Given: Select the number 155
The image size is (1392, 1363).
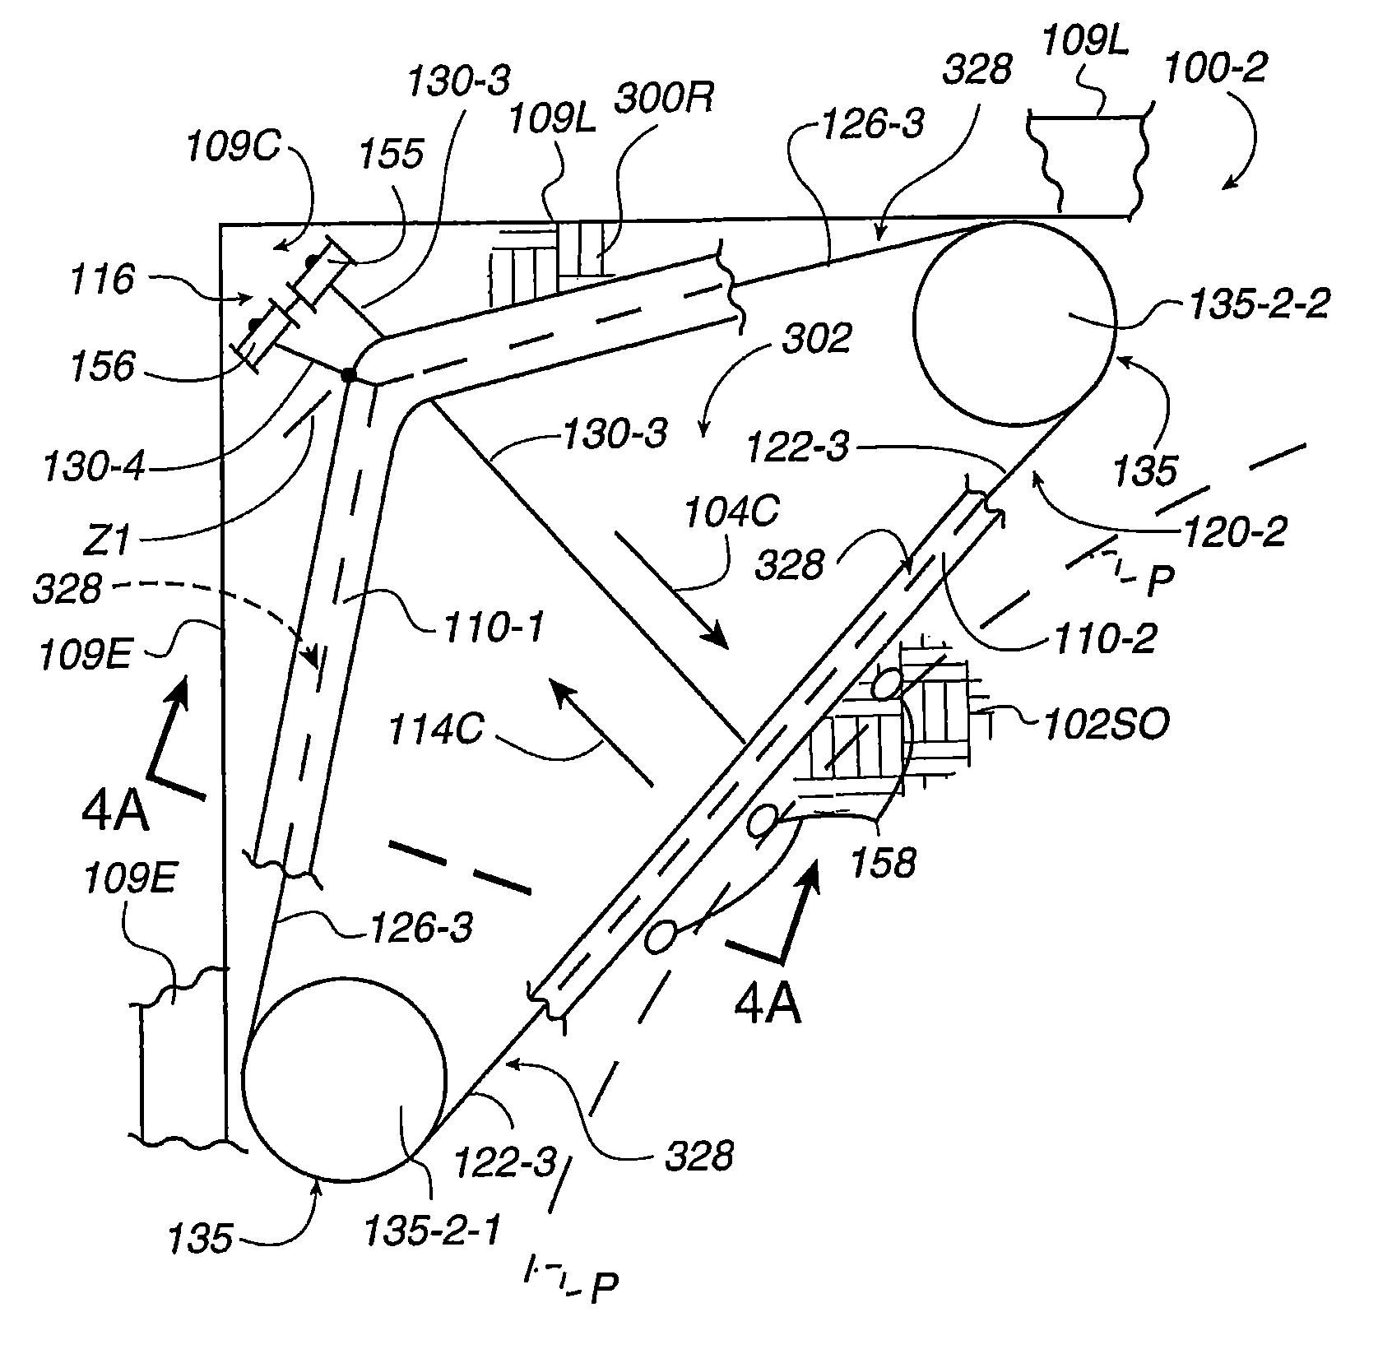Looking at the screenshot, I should coord(392,154).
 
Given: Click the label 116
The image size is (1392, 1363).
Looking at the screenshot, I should coord(101,280).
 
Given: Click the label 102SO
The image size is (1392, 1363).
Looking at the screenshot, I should coord(1105,725).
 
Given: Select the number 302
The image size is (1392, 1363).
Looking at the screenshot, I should coord(815,338).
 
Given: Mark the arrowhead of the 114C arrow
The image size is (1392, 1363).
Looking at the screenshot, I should coord(559,689).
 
